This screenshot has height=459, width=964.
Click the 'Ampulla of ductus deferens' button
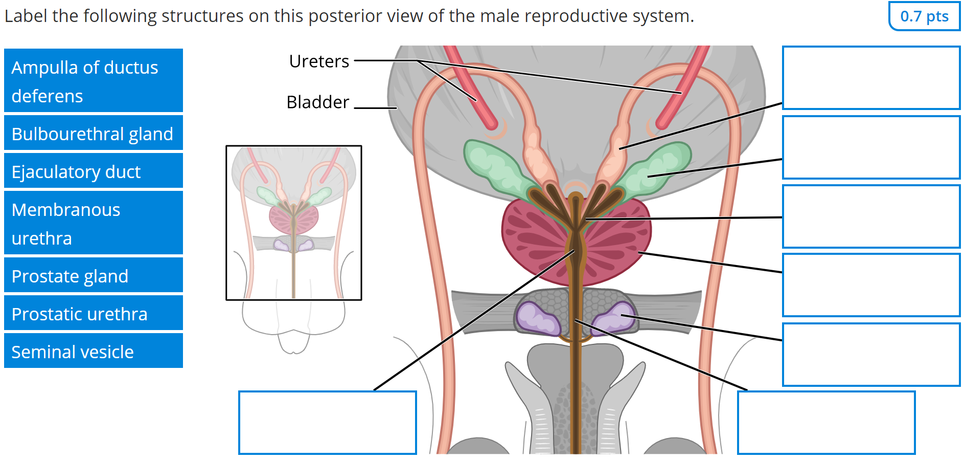click(x=93, y=81)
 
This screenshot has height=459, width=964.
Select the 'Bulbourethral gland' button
click(x=93, y=134)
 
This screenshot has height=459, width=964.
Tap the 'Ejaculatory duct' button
click(x=93, y=171)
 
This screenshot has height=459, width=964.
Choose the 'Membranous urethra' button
click(x=93, y=223)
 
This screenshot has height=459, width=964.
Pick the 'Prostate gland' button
click(x=93, y=276)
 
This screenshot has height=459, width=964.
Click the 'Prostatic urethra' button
click(x=93, y=314)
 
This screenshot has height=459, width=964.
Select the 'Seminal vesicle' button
click(x=93, y=352)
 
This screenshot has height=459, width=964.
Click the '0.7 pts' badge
click(x=924, y=16)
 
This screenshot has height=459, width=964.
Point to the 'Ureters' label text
click(x=319, y=61)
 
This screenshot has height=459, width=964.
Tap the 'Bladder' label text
click(x=317, y=102)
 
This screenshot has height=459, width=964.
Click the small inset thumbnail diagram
click(x=293, y=223)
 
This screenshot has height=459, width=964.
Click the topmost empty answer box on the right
click(x=871, y=78)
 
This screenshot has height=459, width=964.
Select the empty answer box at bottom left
click(x=327, y=423)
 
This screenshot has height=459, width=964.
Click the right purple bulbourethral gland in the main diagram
click(x=618, y=318)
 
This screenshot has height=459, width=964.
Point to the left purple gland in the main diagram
click(x=536, y=318)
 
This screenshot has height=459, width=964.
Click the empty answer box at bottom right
click(x=826, y=423)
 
